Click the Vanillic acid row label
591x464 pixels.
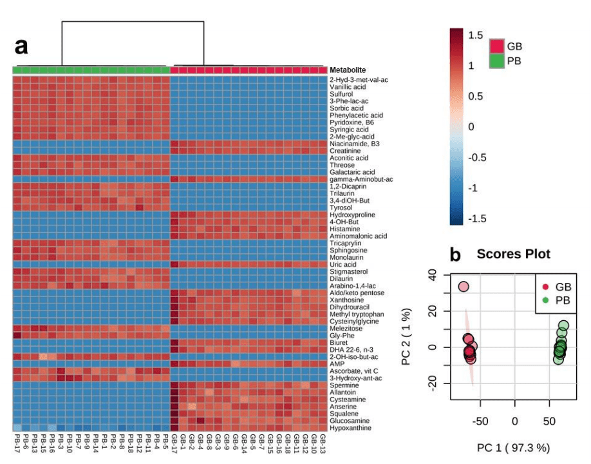point(348,87)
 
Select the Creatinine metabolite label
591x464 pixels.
point(345,151)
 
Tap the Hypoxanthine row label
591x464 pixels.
point(350,428)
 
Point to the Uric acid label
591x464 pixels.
point(343,264)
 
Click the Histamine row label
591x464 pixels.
point(344,229)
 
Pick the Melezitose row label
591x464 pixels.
point(346,328)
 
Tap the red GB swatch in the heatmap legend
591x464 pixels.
point(497,46)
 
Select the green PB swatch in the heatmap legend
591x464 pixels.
point(497,61)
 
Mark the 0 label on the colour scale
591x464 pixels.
point(471,127)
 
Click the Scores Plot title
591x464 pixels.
point(513,254)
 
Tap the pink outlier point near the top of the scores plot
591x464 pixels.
point(464,287)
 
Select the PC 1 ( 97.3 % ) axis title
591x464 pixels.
point(513,447)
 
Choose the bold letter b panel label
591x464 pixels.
point(455,255)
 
